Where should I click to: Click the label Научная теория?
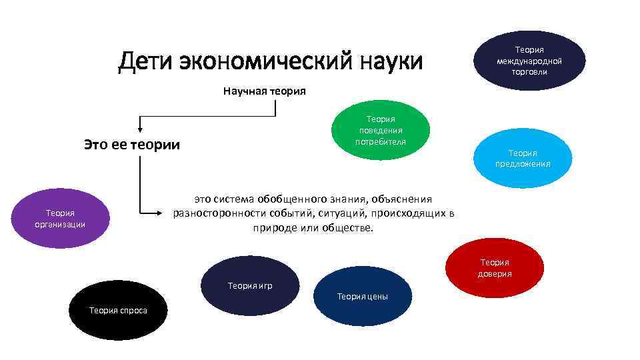265,91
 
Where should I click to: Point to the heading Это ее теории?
132,144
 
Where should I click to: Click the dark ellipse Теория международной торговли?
529,61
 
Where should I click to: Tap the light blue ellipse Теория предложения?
523,158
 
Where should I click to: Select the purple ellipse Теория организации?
60,219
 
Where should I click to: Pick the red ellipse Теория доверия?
495,267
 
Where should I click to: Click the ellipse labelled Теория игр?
250,285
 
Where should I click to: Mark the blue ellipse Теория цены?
363,295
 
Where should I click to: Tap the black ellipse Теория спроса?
118,310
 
